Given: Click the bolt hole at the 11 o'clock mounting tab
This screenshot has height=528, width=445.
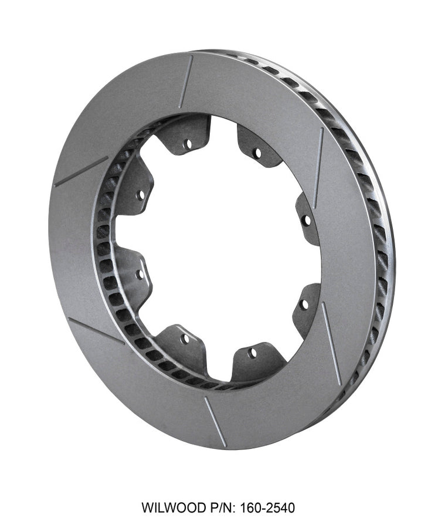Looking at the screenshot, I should [x=188, y=142].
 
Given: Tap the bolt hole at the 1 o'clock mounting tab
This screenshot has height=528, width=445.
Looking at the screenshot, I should [x=256, y=153].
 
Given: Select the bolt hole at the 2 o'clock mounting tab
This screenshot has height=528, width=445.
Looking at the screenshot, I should [x=305, y=220].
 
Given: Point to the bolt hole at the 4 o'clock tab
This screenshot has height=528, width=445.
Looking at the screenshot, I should [x=304, y=303].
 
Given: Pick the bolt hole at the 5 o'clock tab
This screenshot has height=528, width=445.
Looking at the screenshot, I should [x=252, y=353].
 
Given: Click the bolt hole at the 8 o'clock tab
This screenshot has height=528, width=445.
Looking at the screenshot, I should [x=140, y=273].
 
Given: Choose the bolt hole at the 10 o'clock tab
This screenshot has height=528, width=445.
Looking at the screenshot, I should [x=141, y=193].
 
